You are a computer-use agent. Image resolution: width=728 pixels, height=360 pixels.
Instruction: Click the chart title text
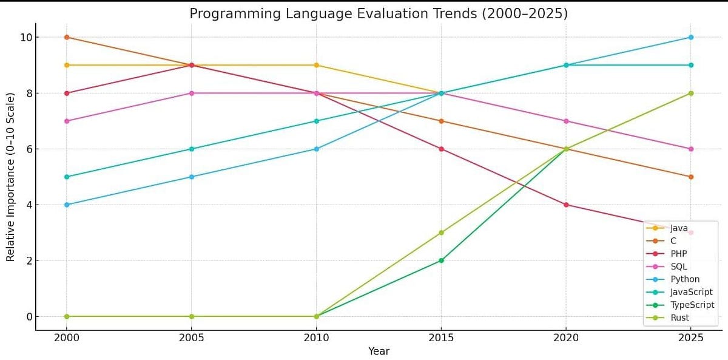tap(379, 13)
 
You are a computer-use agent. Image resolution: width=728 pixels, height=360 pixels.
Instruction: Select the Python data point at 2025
tap(691, 37)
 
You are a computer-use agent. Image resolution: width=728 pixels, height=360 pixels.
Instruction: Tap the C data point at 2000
tap(67, 37)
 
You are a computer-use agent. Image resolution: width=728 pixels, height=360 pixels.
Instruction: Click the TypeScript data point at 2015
tap(441, 260)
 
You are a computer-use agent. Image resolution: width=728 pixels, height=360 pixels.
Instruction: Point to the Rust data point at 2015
tap(441, 233)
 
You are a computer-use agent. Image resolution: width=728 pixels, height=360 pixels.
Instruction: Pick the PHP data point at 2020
tap(566, 205)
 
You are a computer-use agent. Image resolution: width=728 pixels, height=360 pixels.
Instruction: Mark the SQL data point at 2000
tap(67, 121)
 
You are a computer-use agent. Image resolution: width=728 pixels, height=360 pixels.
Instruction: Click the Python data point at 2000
tap(67, 205)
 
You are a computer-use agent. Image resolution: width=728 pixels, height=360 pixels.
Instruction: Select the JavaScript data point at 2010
tap(317, 121)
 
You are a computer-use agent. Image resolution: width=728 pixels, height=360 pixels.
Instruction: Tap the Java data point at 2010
tap(317, 65)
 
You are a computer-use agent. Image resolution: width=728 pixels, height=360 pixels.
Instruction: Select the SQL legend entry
tap(679, 267)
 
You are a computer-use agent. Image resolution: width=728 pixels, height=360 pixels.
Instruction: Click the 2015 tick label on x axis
tap(441, 338)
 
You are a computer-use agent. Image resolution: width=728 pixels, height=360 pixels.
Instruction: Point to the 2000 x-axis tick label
tap(67, 338)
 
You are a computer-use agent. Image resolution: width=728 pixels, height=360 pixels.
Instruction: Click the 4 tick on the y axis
tap(27, 205)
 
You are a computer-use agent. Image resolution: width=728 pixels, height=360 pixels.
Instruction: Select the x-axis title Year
tap(379, 351)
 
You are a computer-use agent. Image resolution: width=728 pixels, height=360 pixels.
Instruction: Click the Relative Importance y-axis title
tap(10, 177)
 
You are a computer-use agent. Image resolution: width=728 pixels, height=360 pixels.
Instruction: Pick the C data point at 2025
tap(691, 177)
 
